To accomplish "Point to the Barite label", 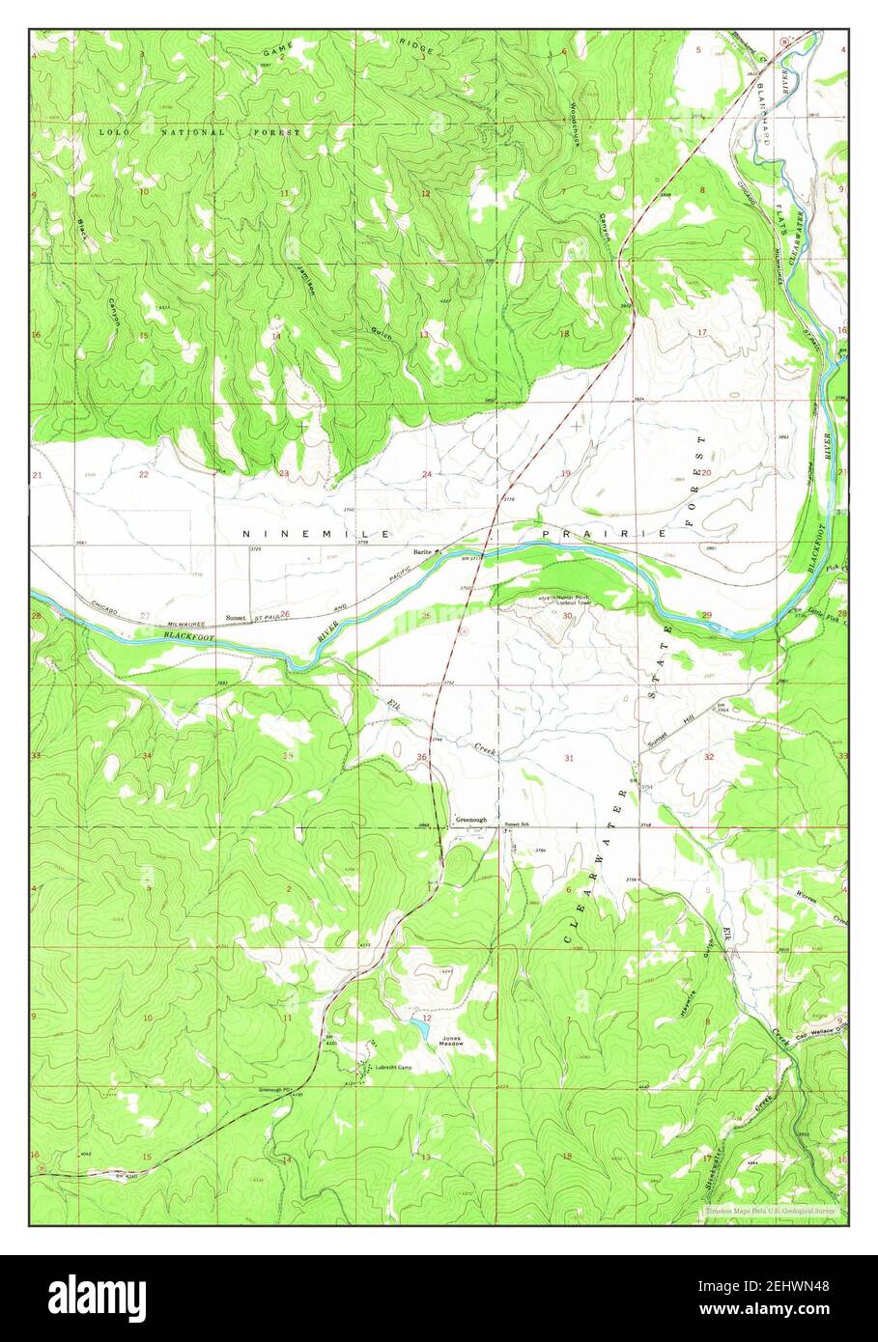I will coord(421,552).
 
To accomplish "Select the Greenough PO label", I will coord(274,1090).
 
